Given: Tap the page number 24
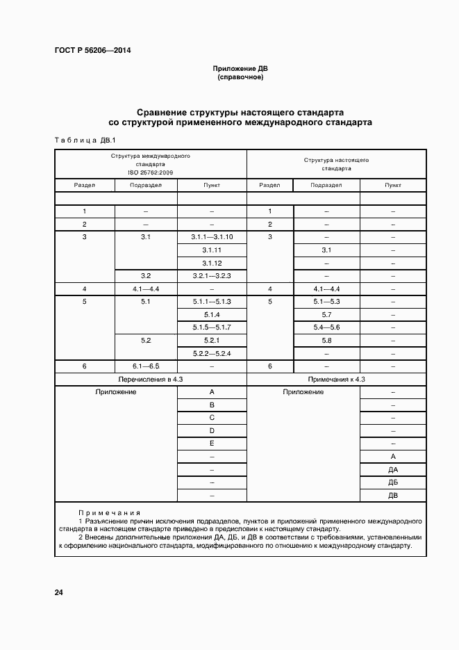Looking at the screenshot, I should pyautogui.click(x=59, y=592).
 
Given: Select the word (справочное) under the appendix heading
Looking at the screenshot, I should pyautogui.click(x=240, y=77).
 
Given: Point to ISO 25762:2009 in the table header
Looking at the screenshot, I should pyautogui.click(x=150, y=172).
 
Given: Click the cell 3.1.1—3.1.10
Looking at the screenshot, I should pyautogui.click(x=212, y=237).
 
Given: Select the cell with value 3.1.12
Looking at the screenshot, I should pyautogui.click(x=212, y=263).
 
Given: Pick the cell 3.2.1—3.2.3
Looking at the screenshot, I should pyautogui.click(x=212, y=276).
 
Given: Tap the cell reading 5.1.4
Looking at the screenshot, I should pyautogui.click(x=212, y=314).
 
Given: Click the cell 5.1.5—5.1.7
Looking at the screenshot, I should pyautogui.click(x=212, y=327).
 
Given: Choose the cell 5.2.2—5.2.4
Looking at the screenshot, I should pyautogui.click(x=212, y=353).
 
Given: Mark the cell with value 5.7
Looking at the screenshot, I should pyautogui.click(x=326, y=314).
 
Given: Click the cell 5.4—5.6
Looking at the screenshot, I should pyautogui.click(x=326, y=327).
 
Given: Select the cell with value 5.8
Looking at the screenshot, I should pyautogui.click(x=326, y=340).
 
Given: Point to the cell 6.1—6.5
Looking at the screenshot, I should pyautogui.click(x=146, y=366).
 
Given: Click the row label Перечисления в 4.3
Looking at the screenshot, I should pyautogui.click(x=151, y=379).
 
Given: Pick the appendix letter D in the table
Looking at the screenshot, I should pyautogui.click(x=212, y=430).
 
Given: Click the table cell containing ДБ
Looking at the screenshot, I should pyautogui.click(x=393, y=482).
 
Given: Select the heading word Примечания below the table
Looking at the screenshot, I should pyautogui.click(x=110, y=512).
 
